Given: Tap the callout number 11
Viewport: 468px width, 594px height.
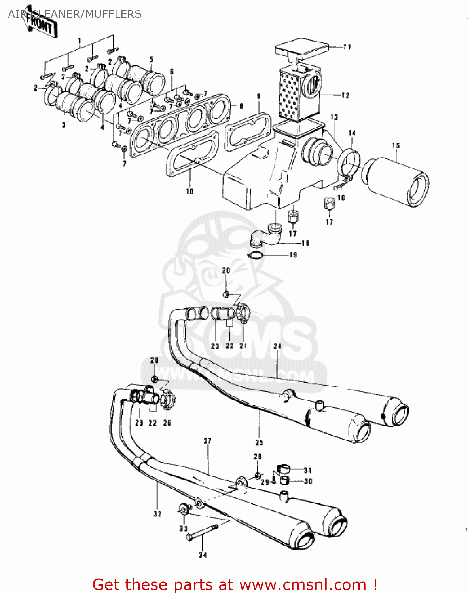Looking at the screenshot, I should [x=347, y=47].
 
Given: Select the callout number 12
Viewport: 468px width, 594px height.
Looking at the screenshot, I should [x=345, y=95].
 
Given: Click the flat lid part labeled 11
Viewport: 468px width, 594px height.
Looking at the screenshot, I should [x=301, y=49].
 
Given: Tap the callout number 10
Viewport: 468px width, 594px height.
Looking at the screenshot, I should [x=190, y=192].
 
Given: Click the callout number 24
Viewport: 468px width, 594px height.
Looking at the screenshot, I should [x=277, y=346].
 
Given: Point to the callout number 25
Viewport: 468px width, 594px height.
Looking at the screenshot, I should [x=259, y=443].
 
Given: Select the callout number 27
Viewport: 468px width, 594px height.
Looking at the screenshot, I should [x=208, y=441].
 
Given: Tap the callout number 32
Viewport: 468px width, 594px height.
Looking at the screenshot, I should [x=157, y=514].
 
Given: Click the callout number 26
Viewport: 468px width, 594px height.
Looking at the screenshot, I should [x=167, y=423].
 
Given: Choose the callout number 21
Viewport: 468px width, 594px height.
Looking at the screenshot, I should [x=243, y=346].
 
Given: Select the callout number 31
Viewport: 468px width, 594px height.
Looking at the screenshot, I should [x=308, y=470].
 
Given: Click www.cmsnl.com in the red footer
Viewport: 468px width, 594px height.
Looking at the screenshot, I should [x=303, y=585].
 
